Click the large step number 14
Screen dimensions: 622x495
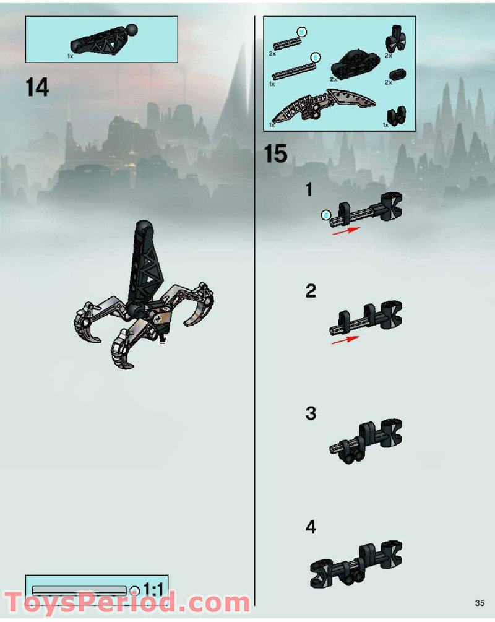tap(37, 87)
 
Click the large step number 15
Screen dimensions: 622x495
tap(276, 153)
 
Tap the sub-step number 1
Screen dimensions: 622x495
tap(309, 191)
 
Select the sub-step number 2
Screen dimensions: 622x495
tap(311, 291)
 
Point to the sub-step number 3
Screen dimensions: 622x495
tap(311, 413)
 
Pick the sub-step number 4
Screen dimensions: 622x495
tap(311, 527)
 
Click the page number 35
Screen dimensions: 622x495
tap(480, 602)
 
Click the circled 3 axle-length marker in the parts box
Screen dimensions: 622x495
tap(301, 32)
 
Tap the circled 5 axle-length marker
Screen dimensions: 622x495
tap(315, 58)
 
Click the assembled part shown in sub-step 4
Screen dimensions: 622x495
tap(356, 564)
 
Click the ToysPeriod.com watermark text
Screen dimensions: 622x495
tap(127, 602)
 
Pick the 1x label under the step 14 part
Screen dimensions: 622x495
tap(71, 56)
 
